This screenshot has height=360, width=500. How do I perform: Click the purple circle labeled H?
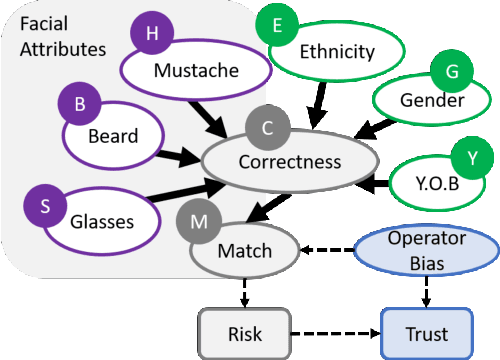point(152,33)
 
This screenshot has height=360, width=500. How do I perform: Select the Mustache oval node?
point(196,71)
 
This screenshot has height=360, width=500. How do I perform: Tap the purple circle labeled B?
point(81,104)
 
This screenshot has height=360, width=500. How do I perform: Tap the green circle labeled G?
point(451,71)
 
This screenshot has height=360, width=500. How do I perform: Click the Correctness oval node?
point(289,161)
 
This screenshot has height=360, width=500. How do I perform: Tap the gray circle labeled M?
point(198,216)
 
